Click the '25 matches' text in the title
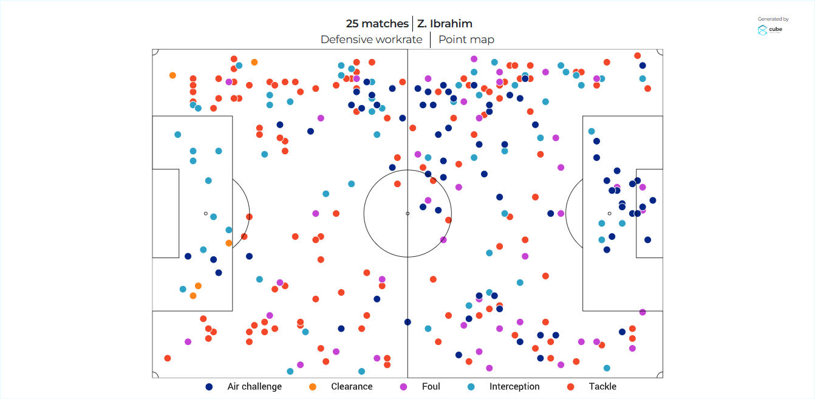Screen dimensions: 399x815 [x=377, y=24]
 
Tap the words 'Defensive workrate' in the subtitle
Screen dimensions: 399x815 [x=371, y=40]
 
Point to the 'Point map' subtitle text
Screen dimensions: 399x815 [x=466, y=40]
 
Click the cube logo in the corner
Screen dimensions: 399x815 [x=769, y=30]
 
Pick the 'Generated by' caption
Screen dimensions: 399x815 [x=773, y=19]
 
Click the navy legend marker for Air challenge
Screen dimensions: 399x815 [x=209, y=387]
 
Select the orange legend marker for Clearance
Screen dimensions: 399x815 [x=313, y=387]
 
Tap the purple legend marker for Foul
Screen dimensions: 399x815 [x=403, y=387]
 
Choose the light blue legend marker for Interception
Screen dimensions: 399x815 [x=471, y=387]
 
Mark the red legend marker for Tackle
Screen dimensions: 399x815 [x=570, y=387]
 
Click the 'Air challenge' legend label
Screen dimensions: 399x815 [x=254, y=387]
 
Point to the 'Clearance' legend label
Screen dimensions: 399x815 [x=352, y=387]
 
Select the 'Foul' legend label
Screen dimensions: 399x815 [x=431, y=387]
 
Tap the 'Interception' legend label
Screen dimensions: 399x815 [x=514, y=387]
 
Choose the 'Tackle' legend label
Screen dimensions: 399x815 [x=602, y=387]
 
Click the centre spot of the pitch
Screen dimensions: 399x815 [x=408, y=213]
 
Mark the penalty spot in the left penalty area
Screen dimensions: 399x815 [x=206, y=213]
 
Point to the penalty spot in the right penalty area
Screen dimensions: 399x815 [x=609, y=213]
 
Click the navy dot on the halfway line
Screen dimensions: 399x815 [x=408, y=322]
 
